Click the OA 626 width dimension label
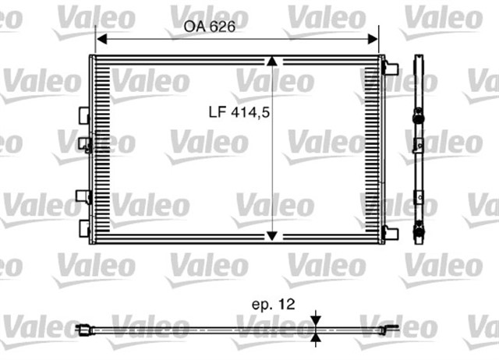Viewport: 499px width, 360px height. (210, 26)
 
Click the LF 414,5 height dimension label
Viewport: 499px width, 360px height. (239, 111)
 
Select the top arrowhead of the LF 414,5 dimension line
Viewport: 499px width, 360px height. (271, 62)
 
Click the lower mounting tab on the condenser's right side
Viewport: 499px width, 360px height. (391, 232)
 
